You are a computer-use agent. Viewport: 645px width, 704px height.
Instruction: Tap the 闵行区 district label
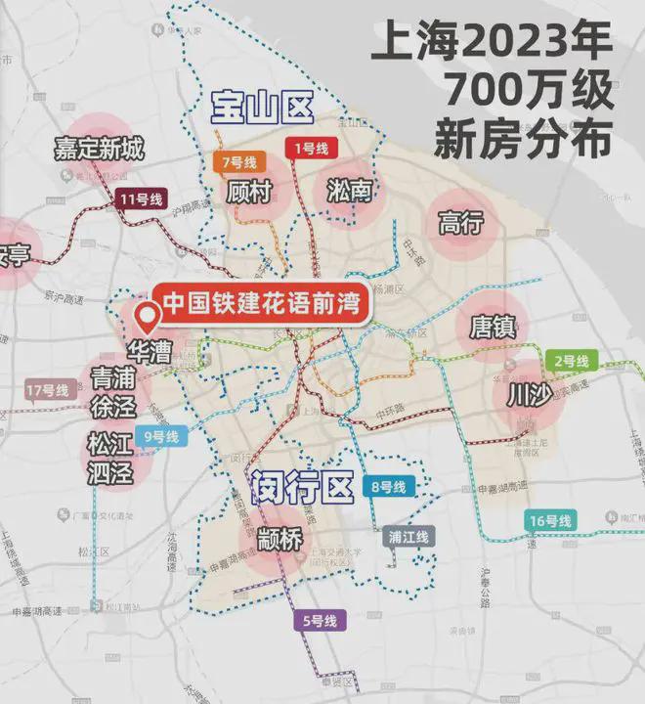pos(299,486)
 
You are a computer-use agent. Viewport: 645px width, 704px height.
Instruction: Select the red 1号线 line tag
pos(314,148)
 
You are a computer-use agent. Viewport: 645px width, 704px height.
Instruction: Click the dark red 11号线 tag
pos(140,199)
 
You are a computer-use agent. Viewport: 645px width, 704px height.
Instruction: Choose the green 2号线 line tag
pos(569,362)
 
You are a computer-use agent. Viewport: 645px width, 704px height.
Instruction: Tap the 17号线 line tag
pos(47,390)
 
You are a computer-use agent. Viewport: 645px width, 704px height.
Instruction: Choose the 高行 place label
pos(461,223)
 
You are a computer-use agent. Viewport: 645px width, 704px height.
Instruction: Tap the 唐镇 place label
pos(493,326)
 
